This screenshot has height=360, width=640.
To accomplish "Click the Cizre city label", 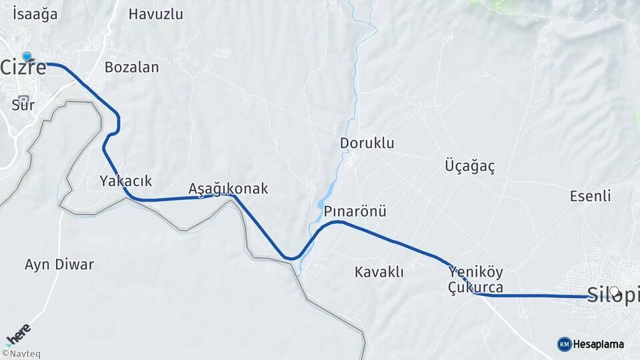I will (x=24, y=68).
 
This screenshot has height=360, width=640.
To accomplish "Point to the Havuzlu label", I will (x=155, y=14).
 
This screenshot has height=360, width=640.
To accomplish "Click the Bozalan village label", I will (x=132, y=67).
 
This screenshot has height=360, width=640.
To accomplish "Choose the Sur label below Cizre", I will (x=23, y=105).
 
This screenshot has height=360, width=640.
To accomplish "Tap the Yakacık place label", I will (x=126, y=181).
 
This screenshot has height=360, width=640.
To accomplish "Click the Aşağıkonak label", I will (x=228, y=189).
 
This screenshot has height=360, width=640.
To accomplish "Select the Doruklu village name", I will (x=367, y=143).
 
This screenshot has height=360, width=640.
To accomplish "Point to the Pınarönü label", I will (x=355, y=211).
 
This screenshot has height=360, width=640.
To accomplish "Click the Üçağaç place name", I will (x=470, y=167).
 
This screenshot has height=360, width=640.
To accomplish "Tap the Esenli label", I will (x=591, y=196).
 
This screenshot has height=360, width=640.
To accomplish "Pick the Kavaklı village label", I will (x=379, y=272).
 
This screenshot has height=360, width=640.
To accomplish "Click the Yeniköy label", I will (x=476, y=272).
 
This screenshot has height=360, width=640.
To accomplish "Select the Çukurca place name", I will (x=476, y=288).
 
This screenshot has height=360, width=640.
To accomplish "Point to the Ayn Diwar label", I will (x=59, y=265).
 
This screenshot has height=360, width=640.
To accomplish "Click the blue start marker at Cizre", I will (x=27, y=57).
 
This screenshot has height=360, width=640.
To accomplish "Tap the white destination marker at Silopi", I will (x=614, y=291).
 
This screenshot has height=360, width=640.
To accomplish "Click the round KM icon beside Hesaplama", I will (x=564, y=344).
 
